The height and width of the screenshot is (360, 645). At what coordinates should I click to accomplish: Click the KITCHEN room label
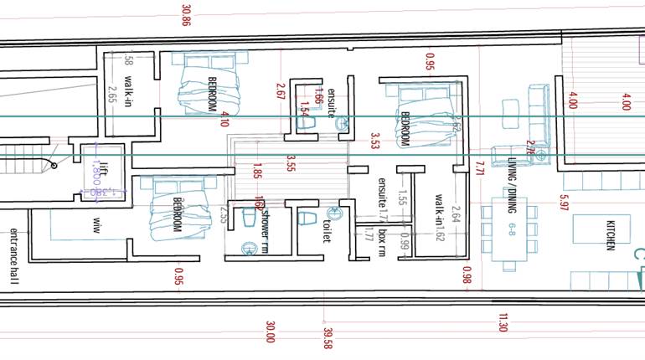click(611, 234)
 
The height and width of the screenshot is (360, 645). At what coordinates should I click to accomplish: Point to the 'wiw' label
click(95, 224)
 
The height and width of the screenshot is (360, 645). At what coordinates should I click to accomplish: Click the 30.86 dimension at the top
click(186, 15)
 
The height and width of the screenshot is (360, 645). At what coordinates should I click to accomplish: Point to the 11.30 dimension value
click(503, 322)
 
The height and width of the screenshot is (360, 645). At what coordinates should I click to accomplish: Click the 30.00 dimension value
click(270, 332)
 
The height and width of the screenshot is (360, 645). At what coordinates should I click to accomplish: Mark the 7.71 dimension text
click(480, 169)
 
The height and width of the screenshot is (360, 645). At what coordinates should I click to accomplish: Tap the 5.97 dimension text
click(565, 202)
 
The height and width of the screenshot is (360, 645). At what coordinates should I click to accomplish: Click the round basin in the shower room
click(249, 248)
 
